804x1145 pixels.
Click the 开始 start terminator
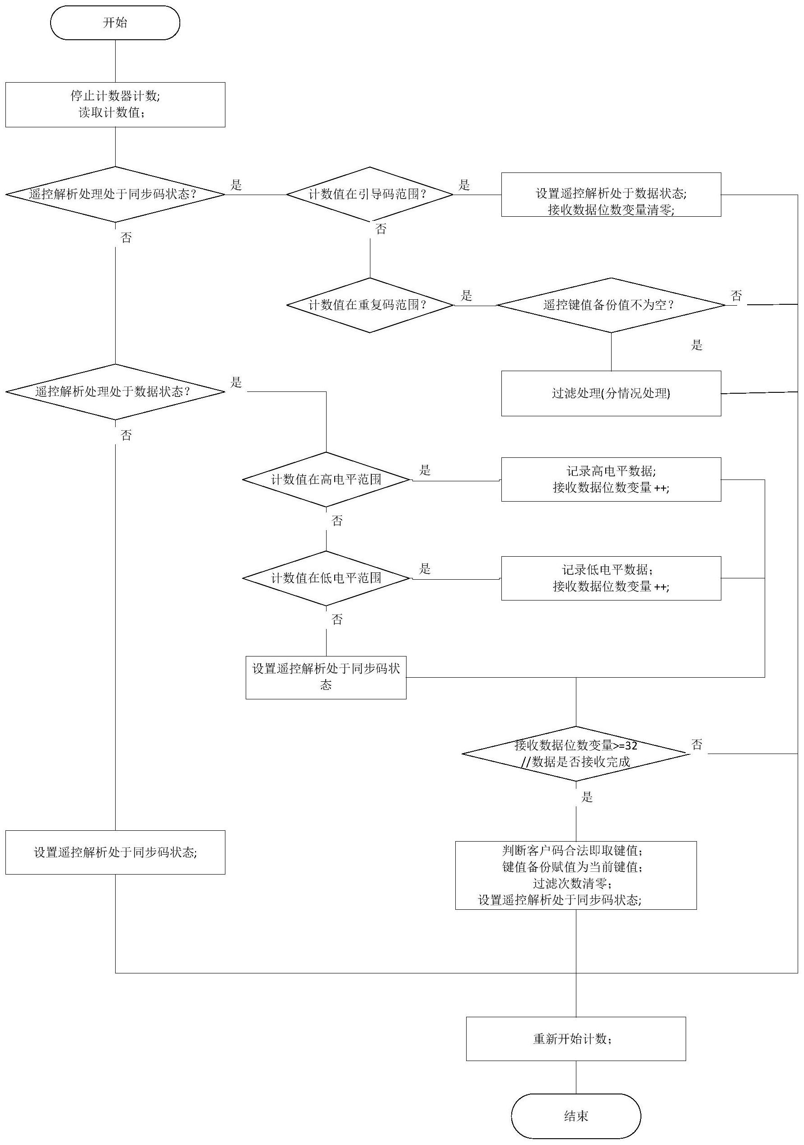click(x=115, y=23)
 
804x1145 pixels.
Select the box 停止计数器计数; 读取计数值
click(x=115, y=104)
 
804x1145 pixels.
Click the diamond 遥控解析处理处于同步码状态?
click(x=115, y=195)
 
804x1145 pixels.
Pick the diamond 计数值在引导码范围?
click(x=369, y=195)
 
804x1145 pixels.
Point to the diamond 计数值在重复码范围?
click(x=369, y=305)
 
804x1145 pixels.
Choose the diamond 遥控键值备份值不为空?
click(x=611, y=305)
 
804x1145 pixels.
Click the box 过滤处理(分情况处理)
click(x=611, y=393)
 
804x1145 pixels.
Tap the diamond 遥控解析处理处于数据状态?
click(x=115, y=391)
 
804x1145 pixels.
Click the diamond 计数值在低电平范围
click(x=326, y=578)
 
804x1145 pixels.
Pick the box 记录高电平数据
click(x=611, y=479)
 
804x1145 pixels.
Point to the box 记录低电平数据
click(x=611, y=578)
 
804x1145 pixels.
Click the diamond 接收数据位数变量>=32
click(x=575, y=754)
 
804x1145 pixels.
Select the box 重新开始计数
click(x=575, y=1039)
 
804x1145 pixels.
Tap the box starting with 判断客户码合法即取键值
click(x=575, y=875)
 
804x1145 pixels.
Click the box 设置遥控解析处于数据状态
click(x=611, y=195)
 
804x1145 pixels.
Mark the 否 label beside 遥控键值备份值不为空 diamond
click(x=736, y=296)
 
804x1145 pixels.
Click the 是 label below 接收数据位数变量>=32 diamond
click(x=587, y=797)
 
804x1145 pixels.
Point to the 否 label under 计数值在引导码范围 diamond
click(x=381, y=229)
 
